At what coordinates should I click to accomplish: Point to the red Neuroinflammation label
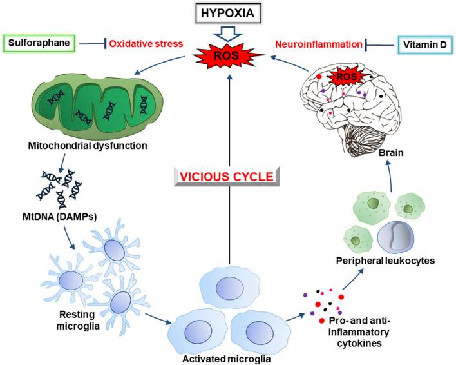[316, 44]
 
